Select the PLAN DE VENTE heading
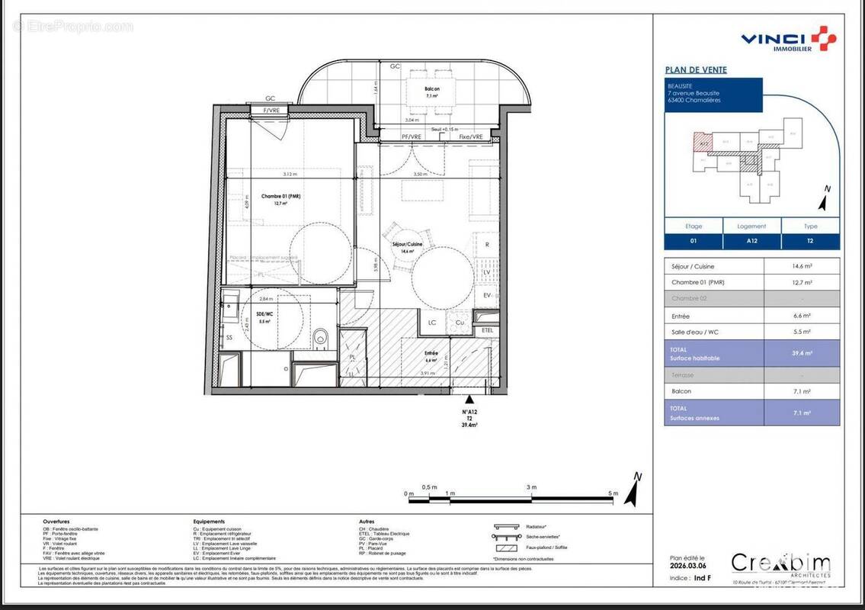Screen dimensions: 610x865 [x=696, y=70]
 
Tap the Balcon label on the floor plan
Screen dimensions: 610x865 [x=432, y=89]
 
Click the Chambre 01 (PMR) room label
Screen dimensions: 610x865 [x=281, y=197]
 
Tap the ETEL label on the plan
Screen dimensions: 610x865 [x=487, y=330]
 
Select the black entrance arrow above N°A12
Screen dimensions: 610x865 [x=469, y=398]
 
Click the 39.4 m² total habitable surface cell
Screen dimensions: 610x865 [x=802, y=353]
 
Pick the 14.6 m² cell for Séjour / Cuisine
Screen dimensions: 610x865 [x=802, y=266]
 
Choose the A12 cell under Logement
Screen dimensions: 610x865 [x=751, y=241]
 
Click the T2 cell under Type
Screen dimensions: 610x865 [x=810, y=241]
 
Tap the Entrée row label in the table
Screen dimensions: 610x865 [x=681, y=316]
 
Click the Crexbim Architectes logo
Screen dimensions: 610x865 [x=780, y=565]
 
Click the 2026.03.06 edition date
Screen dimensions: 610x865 [x=687, y=565]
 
